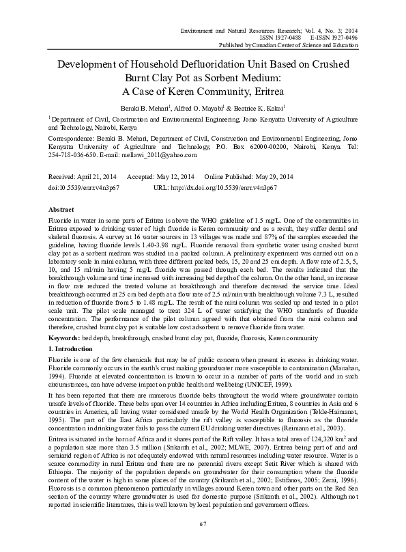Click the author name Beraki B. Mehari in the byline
pos(155,108)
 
